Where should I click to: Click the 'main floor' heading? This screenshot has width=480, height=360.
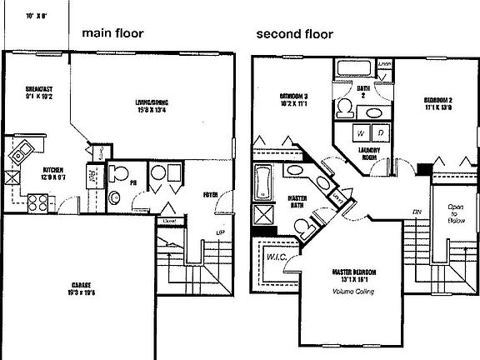click(x=113, y=34)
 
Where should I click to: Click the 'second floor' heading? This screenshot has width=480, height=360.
click(x=294, y=35)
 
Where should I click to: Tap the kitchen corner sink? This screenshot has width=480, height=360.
click(x=22, y=151)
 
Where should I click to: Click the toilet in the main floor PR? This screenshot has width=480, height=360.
click(x=118, y=175)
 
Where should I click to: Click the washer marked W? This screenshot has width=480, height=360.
click(x=361, y=132)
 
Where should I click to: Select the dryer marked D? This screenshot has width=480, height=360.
click(x=379, y=132)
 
